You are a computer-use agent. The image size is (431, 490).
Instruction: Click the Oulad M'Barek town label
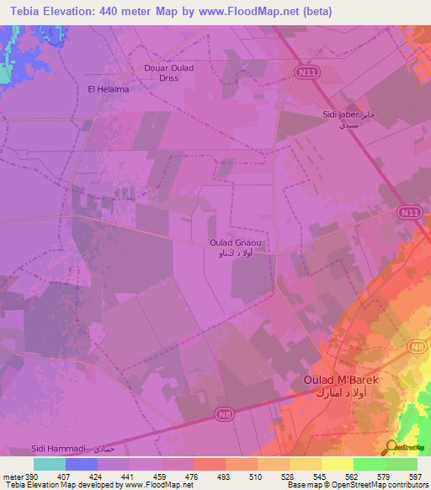342,381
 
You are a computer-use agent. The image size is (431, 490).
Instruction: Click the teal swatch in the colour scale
49,464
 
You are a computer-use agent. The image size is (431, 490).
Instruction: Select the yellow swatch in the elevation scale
337,464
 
